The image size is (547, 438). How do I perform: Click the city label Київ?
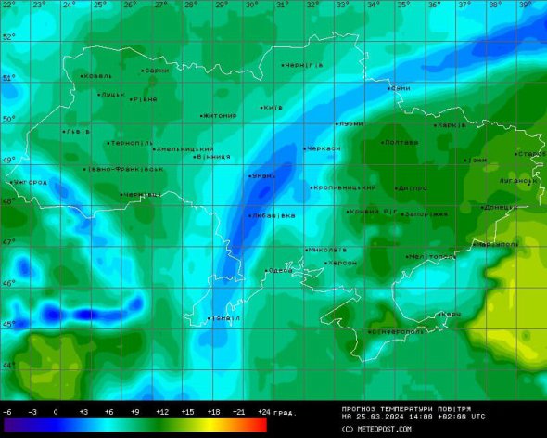273,107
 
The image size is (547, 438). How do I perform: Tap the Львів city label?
78,132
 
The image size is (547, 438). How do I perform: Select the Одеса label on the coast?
281,270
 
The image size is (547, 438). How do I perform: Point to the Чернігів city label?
304,65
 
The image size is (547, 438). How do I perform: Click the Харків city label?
452,124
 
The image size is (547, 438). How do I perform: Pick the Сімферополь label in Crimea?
397,331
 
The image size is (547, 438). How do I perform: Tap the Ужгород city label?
31,182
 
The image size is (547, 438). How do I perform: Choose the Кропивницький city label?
346,187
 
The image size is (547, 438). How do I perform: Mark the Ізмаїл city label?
225,318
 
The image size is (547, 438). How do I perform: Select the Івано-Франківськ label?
126,169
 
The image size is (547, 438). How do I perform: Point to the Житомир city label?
220,115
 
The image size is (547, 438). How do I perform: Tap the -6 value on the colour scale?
7,411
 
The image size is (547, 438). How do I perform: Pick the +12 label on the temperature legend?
161,411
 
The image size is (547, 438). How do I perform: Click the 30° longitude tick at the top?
251,5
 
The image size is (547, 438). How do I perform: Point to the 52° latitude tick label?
8,37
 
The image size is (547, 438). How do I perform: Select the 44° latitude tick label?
8,365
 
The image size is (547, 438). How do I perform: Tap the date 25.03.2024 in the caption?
381,417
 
